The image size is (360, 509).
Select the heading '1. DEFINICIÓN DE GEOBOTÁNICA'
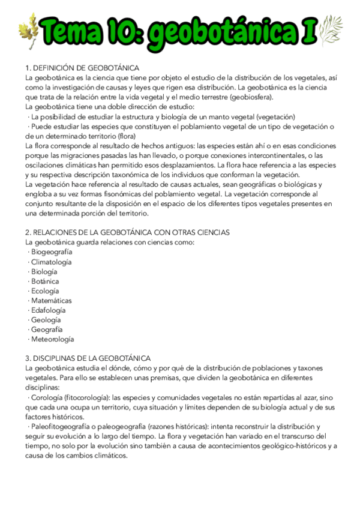coord(82,68)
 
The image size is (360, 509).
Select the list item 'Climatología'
coord(51,262)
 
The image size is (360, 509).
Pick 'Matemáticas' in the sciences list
coord(51,300)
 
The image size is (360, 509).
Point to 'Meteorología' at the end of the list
coord(52,339)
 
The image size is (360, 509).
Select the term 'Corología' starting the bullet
coord(47,397)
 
